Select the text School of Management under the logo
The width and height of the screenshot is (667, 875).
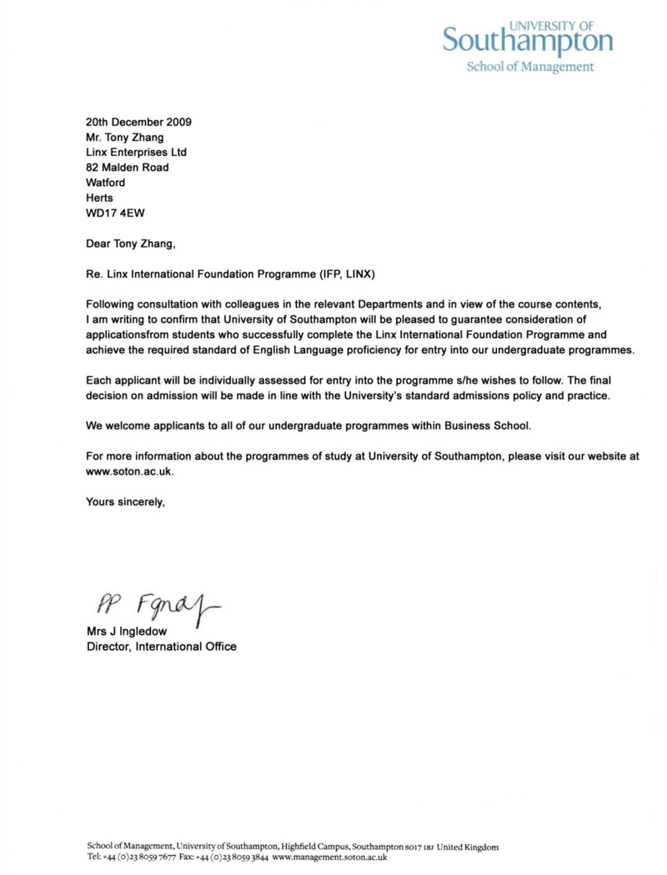[529, 67]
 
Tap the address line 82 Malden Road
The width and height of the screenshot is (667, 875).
[128, 167]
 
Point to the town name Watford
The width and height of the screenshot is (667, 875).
[107, 182]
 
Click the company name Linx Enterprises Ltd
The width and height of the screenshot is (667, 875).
[137, 152]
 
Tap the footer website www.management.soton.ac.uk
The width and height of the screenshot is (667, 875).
[329, 857]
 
